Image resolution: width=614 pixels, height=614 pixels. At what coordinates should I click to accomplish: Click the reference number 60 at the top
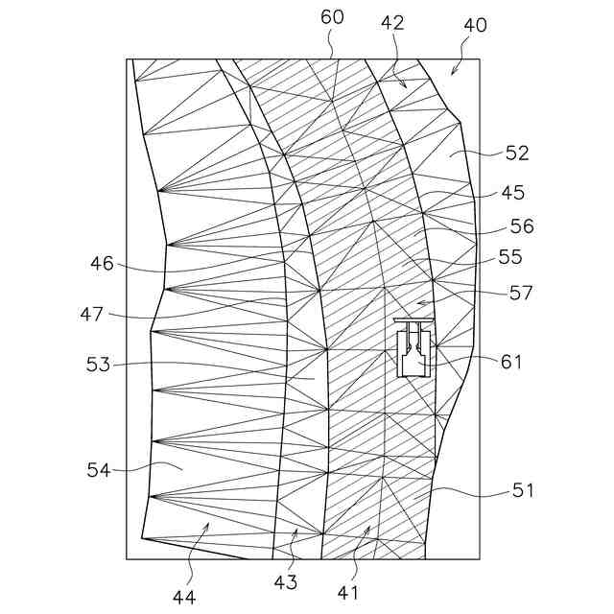click(x=331, y=18)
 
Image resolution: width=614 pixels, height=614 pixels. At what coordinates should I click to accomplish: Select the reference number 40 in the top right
click(x=475, y=25)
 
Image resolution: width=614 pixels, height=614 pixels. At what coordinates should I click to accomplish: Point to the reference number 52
click(x=516, y=153)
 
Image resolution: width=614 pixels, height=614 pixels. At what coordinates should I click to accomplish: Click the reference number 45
click(x=512, y=193)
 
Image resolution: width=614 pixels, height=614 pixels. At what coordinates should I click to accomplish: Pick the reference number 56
click(x=522, y=227)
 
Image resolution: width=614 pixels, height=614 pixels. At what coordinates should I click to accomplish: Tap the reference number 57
click(x=522, y=293)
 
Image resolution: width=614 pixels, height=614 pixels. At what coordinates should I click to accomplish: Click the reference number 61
click(x=511, y=362)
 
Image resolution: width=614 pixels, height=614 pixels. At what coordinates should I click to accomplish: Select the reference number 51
click(x=522, y=491)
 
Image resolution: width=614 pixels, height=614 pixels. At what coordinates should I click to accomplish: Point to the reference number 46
click(x=102, y=263)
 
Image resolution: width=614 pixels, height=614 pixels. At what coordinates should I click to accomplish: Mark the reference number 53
click(x=99, y=365)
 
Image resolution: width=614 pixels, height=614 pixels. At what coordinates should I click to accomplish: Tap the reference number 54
click(x=99, y=470)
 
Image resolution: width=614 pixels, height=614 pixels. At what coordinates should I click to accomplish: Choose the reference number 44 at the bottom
click(x=184, y=597)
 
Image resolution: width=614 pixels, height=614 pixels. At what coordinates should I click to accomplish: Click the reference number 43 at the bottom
click(x=285, y=581)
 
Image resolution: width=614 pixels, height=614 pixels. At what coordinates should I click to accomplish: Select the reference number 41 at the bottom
click(x=347, y=593)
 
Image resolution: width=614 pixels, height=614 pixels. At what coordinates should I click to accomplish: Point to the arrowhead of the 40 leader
click(x=451, y=74)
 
